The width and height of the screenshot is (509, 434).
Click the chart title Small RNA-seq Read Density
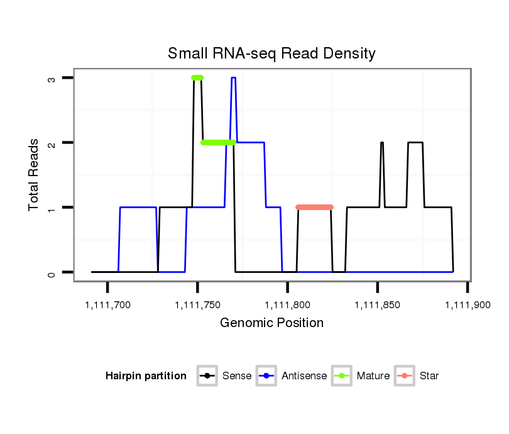coord(271,53)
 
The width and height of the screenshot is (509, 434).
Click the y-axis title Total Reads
coord(35,175)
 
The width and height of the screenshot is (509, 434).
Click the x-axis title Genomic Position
coord(271,323)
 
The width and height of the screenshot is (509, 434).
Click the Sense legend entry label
coord(237,376)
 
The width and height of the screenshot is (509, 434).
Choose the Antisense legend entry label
coord(304,376)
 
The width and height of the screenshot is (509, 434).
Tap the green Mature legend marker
coord(344,376)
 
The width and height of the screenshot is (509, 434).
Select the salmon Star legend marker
coord(406,376)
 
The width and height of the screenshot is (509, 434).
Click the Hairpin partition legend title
coord(146,376)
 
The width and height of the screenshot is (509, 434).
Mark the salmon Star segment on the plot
coord(314,207)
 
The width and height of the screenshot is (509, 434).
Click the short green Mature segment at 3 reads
coord(197,77)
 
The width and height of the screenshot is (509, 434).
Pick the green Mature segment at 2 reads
coord(218,142)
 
